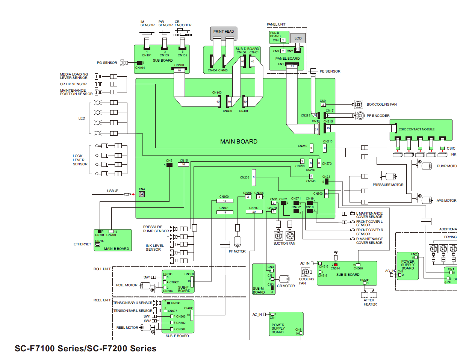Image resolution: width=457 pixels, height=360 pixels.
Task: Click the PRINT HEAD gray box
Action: click(224, 33)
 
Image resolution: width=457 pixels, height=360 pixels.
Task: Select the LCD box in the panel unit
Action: click(298, 38)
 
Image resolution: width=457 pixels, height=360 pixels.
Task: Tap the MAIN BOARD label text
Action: click(239, 142)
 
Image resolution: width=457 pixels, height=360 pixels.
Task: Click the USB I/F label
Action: click(112, 191)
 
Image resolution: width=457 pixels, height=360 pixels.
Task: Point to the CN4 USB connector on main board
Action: click(142, 194)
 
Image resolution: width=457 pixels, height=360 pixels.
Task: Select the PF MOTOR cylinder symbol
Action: click(237, 242)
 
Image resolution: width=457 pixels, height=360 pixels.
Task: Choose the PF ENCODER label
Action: click(378, 116)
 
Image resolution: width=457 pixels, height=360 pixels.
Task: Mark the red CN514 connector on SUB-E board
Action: click(336, 265)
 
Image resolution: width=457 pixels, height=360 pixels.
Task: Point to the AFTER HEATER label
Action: click(369, 302)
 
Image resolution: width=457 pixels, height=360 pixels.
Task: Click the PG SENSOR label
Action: click(107, 63)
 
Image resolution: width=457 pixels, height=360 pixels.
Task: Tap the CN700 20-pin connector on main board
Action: click(254, 212)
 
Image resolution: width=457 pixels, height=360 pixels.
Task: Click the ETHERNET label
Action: click(82, 244)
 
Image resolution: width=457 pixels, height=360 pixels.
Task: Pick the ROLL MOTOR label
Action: click(127, 285)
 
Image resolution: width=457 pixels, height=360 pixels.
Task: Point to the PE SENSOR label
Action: click(330, 71)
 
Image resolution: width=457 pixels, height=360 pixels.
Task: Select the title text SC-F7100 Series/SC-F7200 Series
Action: click(85, 348)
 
